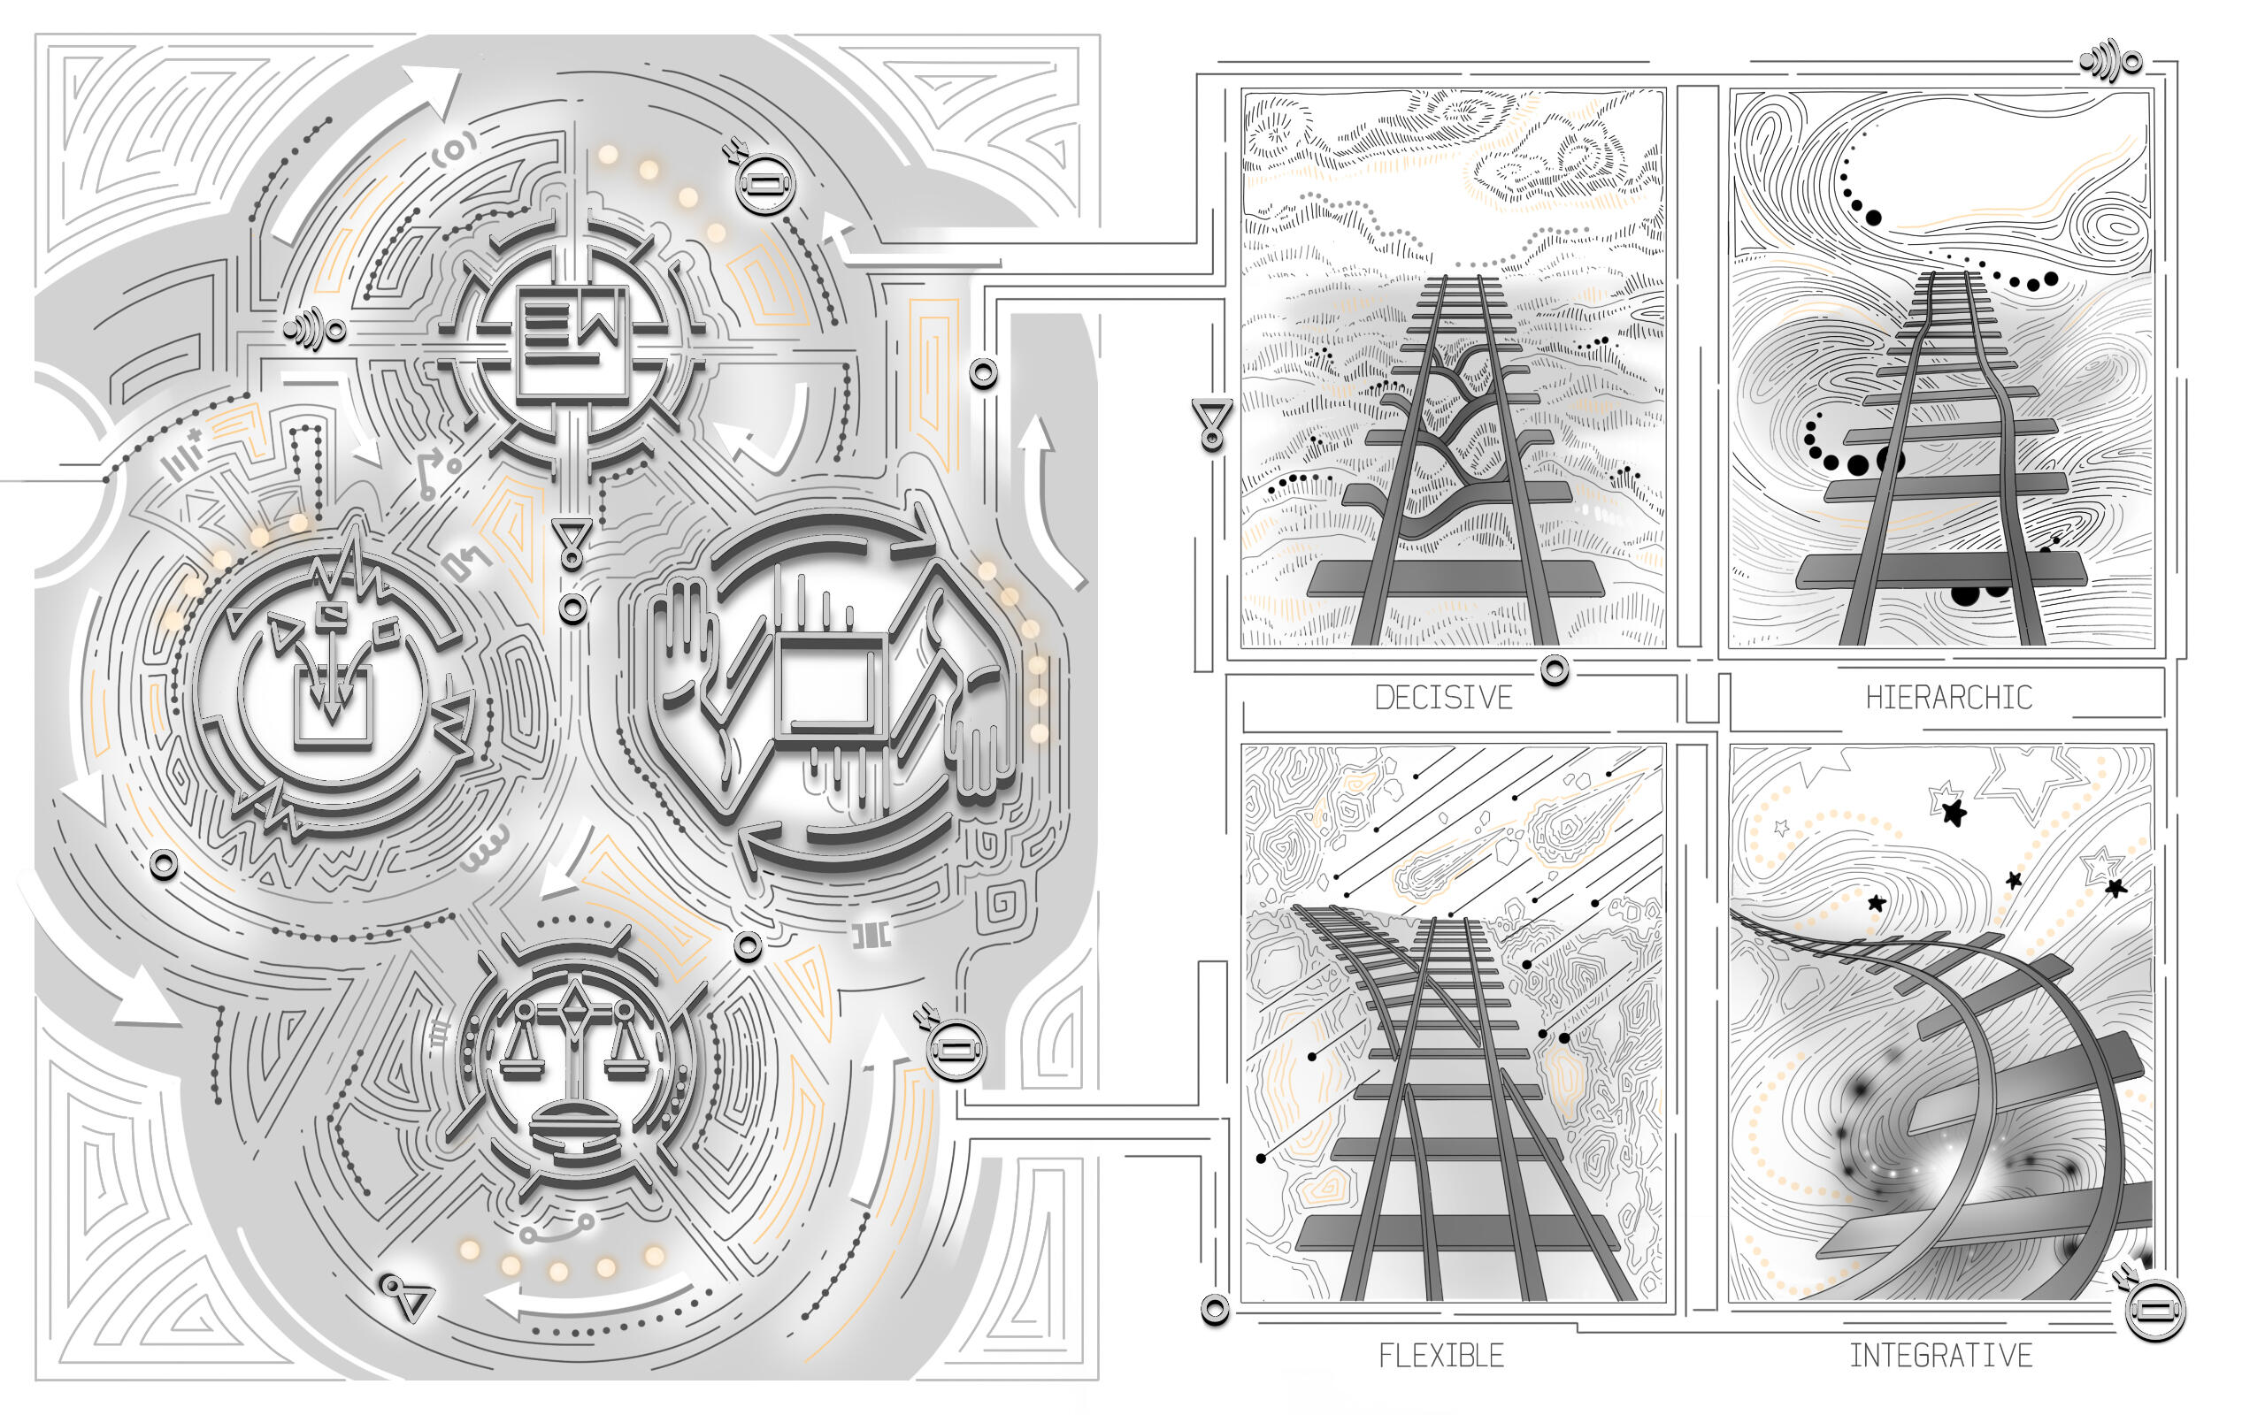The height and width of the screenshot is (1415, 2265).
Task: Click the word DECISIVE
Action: point(1443,698)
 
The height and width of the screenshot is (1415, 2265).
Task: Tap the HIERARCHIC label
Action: point(1948,698)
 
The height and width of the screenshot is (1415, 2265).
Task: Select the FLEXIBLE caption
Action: point(1441,1355)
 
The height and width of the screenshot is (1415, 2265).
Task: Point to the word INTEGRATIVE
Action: point(1940,1355)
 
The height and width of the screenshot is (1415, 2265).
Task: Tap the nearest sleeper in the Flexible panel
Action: point(1456,1234)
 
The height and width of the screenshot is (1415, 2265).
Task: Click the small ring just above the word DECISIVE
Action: point(1555,670)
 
